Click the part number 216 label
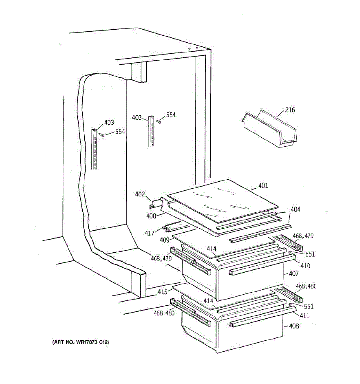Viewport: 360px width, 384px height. tap(290, 110)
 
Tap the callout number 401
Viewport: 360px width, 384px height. tap(263, 186)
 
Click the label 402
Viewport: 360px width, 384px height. tap(140, 194)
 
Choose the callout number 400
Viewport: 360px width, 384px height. tap(151, 216)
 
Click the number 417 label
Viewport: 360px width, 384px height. tap(149, 234)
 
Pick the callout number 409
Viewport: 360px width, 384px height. tap(164, 240)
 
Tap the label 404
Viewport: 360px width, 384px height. tap(295, 209)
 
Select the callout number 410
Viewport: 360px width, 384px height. tap(305, 266)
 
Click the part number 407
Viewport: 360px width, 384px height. tap(293, 274)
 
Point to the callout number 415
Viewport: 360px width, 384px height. tap(162, 292)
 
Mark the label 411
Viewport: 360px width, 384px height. tap(304, 316)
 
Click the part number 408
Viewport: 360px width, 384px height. tap(293, 326)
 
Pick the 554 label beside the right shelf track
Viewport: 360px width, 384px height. tap(171, 115)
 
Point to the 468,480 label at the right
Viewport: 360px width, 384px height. tap(306, 286)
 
